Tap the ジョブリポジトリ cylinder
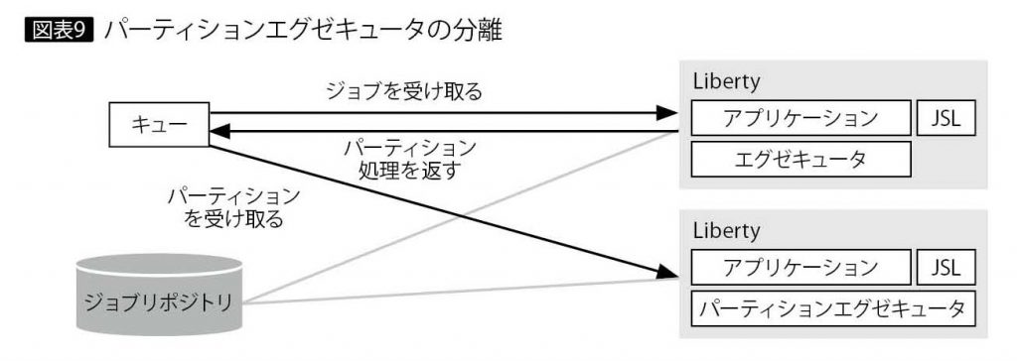pos(159,298)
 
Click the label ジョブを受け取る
pos(404,92)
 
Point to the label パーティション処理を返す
pos(409,159)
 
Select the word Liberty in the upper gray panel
pos(726,81)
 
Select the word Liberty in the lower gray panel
pos(726,231)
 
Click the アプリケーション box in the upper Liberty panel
pos(800,119)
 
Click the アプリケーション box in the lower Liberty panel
pos(800,268)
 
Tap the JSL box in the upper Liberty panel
pos(946,119)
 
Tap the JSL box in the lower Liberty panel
pos(946,268)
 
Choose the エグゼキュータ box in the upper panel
pos(800,157)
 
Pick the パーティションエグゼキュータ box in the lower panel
pos(833,307)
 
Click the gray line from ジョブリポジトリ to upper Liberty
pos(447,218)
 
